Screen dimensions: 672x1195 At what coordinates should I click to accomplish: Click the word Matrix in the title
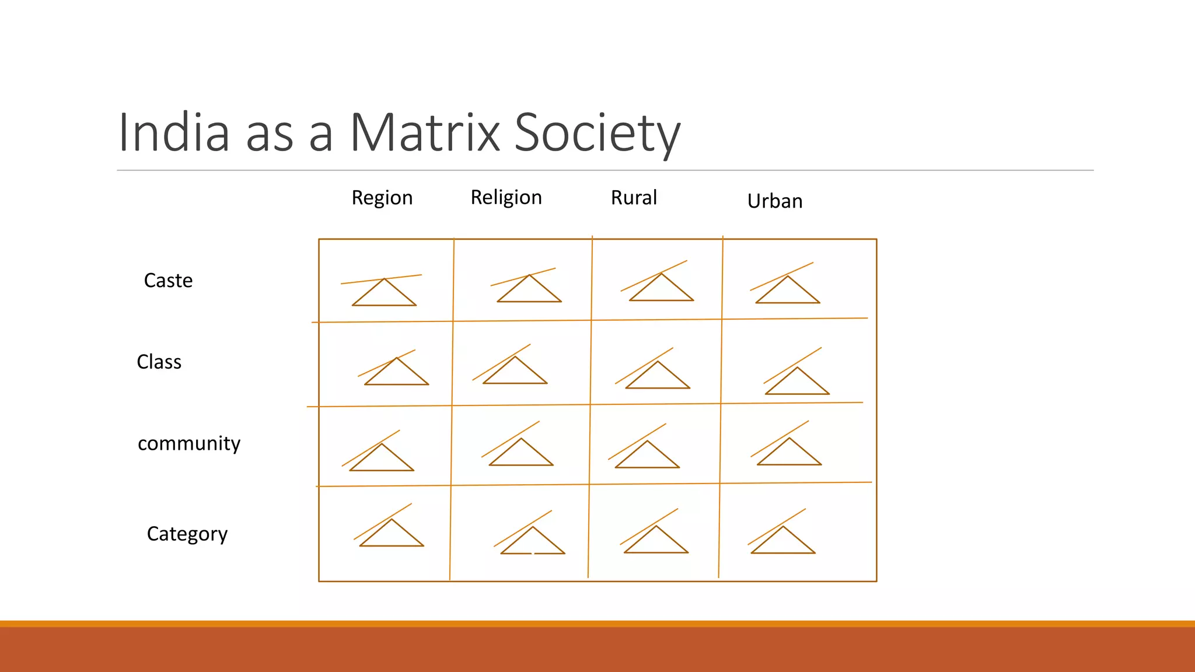click(425, 132)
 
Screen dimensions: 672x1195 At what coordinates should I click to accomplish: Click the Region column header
click(382, 198)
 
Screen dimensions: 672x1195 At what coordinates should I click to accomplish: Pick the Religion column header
click(506, 197)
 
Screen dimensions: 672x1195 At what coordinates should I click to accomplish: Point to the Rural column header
click(634, 198)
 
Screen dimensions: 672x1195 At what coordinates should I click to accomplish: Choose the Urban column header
click(774, 201)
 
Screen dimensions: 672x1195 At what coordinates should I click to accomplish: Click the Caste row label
click(168, 281)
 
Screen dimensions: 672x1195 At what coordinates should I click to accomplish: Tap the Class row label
click(159, 362)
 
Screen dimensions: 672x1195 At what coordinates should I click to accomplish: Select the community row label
click(188, 443)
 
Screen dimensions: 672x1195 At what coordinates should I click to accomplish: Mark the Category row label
click(187, 534)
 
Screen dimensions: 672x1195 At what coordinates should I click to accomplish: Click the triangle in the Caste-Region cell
click(384, 295)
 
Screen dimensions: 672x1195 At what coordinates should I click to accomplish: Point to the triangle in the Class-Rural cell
click(658, 378)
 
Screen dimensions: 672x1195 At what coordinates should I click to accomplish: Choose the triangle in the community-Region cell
click(382, 460)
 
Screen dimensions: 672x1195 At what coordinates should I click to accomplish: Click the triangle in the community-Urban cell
click(789, 454)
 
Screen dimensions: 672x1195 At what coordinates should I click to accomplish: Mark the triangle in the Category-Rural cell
click(656, 542)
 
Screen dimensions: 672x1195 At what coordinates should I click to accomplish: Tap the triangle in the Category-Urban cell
click(782, 543)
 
